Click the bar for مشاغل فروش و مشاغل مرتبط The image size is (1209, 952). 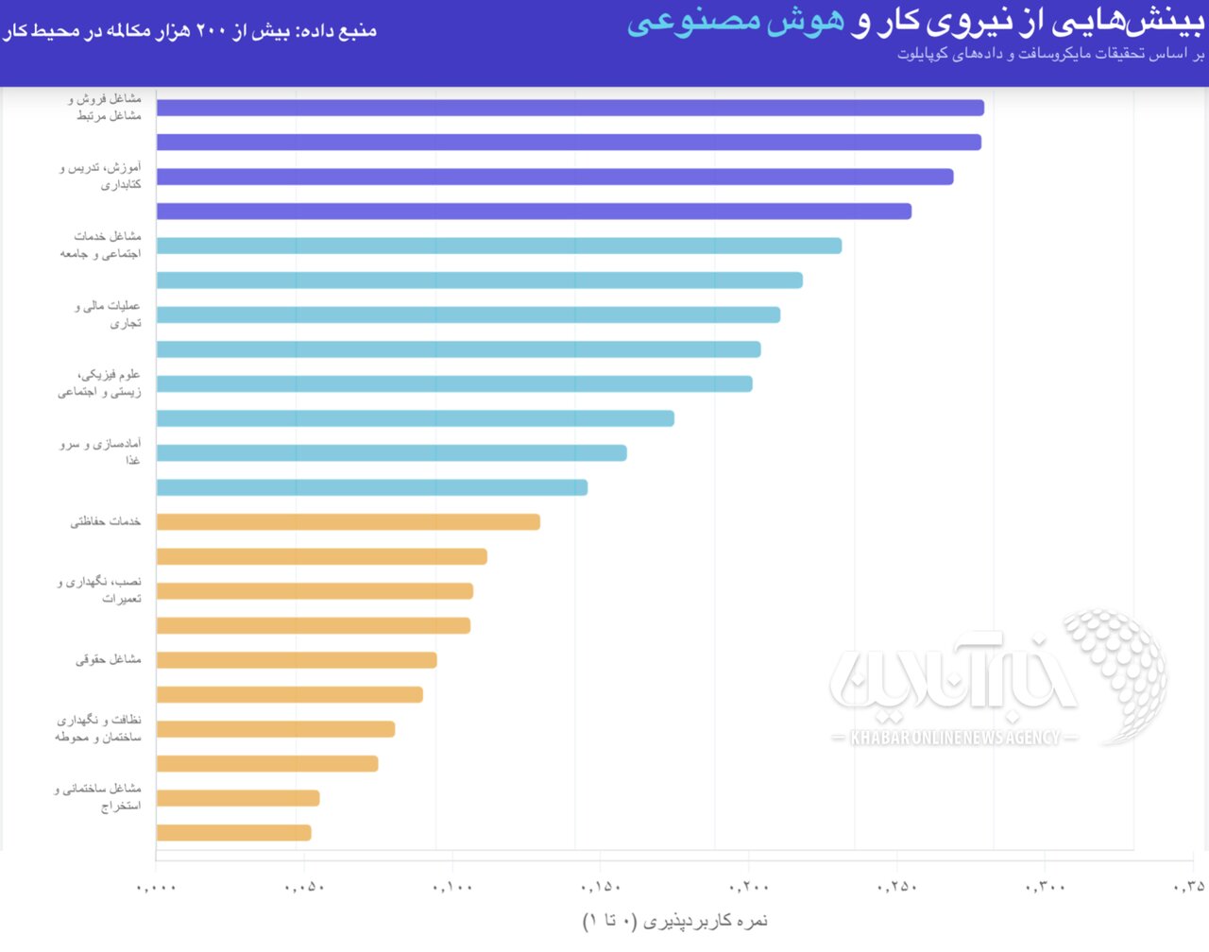coord(570,108)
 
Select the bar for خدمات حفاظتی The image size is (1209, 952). coord(348,522)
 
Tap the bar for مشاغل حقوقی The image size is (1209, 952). coord(297,660)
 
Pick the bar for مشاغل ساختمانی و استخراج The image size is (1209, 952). coord(238,798)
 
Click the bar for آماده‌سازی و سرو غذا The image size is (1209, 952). coord(391,453)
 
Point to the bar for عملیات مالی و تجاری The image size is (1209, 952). coord(468,314)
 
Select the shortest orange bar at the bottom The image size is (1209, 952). coord(233,833)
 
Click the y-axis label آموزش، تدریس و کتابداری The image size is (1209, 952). coord(101,177)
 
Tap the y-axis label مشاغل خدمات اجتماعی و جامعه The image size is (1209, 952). coord(101,246)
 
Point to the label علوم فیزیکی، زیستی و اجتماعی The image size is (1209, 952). coord(100,383)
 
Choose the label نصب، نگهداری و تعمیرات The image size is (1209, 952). coord(100,590)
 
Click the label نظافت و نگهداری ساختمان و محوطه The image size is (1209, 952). coord(99,728)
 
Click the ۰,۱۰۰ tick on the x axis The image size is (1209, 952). coord(452,888)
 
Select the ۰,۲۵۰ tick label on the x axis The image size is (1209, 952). coord(897,888)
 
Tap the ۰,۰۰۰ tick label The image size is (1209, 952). coord(157,888)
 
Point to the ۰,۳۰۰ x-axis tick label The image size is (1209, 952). coord(1046,888)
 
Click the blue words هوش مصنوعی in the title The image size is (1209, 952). coord(736,22)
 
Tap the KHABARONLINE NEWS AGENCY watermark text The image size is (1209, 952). coord(955,738)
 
